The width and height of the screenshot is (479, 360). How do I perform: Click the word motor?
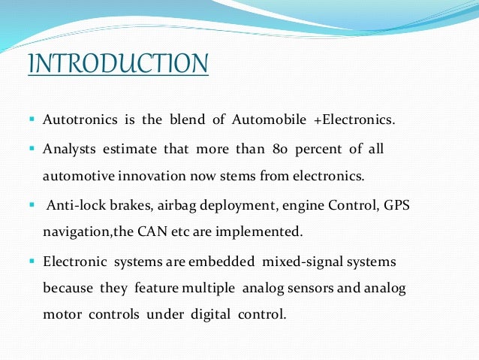(x=59, y=313)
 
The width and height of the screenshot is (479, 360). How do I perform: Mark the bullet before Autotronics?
(x=33, y=119)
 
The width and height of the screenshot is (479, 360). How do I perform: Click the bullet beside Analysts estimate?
(x=33, y=149)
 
